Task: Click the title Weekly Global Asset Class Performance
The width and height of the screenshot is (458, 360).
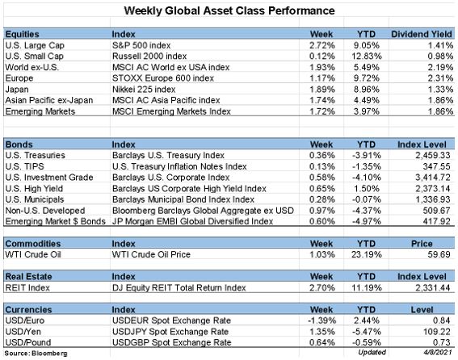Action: [229, 10]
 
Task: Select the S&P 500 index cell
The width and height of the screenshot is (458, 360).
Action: [141, 45]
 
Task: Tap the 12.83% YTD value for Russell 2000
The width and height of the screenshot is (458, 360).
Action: [367, 56]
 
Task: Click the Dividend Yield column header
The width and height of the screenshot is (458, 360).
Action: [422, 34]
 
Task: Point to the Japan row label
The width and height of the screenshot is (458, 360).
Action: [17, 90]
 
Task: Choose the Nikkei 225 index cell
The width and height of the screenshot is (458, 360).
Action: [144, 90]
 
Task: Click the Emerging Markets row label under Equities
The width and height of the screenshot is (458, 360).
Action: [40, 111]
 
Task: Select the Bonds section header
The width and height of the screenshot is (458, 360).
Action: [19, 144]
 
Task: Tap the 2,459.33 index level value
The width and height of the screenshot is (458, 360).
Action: [433, 155]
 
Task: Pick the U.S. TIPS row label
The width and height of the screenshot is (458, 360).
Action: [24, 166]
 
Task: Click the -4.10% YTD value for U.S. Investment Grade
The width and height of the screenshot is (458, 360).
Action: [367, 178]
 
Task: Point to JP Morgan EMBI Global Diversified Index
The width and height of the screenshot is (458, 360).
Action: [192, 221]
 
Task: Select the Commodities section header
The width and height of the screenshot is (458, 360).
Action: [33, 244]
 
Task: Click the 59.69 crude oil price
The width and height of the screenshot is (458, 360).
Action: [439, 254]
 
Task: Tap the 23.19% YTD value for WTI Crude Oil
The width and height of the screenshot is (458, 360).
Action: [367, 254]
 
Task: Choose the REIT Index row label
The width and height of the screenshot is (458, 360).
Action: [27, 288]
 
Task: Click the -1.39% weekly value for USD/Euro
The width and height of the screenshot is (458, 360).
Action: [321, 320]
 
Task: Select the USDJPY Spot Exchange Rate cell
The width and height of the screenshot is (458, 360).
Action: [170, 332]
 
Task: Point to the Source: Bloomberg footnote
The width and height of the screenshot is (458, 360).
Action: [36, 354]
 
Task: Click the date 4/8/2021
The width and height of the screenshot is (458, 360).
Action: [438, 353]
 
